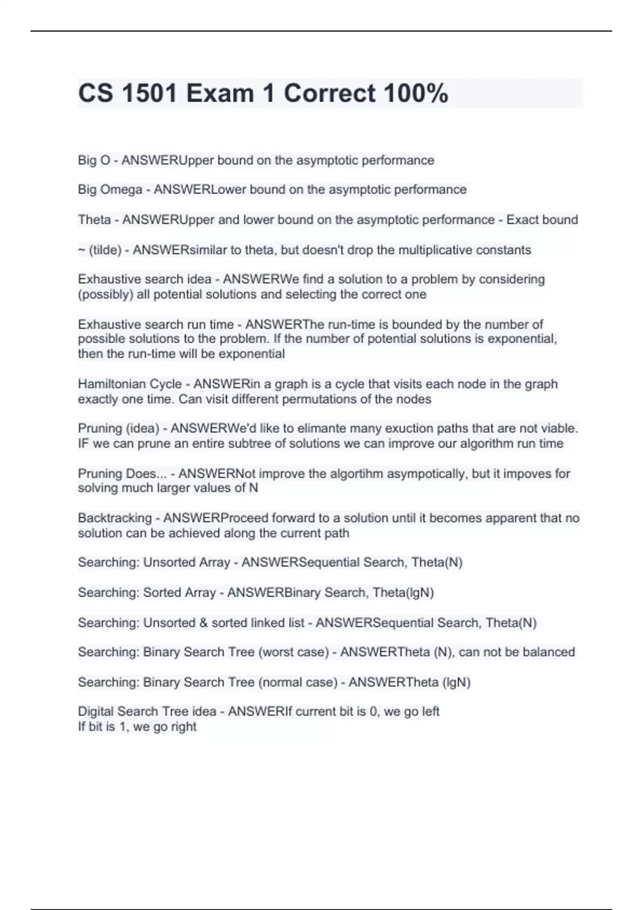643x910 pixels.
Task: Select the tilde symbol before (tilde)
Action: click(x=81, y=250)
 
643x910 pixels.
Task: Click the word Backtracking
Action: click(x=115, y=518)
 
